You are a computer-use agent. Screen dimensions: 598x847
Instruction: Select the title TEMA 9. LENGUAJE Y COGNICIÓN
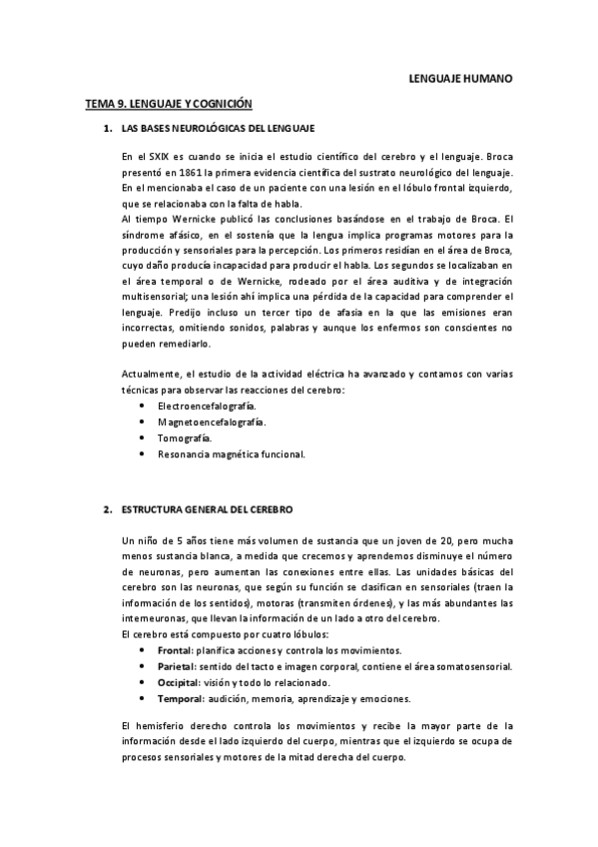click(x=168, y=103)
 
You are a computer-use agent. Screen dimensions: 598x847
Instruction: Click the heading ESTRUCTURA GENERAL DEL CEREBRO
click(x=207, y=509)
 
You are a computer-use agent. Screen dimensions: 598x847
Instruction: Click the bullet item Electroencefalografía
click(x=207, y=407)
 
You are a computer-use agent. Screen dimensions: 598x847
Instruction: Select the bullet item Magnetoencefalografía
click(x=212, y=423)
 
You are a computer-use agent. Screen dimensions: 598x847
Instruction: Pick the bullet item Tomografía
click(x=185, y=438)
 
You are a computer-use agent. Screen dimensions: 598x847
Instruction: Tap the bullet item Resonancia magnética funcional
click(x=231, y=454)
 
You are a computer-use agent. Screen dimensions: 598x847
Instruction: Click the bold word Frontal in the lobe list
click(x=176, y=650)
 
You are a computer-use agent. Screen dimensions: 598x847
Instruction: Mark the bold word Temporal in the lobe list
click(x=181, y=698)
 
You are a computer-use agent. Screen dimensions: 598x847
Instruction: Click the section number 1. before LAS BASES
click(x=107, y=129)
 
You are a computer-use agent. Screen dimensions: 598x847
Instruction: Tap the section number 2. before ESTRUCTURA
click(x=107, y=509)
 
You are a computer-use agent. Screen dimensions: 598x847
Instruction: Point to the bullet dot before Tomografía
click(x=145, y=438)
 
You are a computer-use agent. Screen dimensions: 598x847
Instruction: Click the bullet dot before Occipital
click(x=145, y=682)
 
